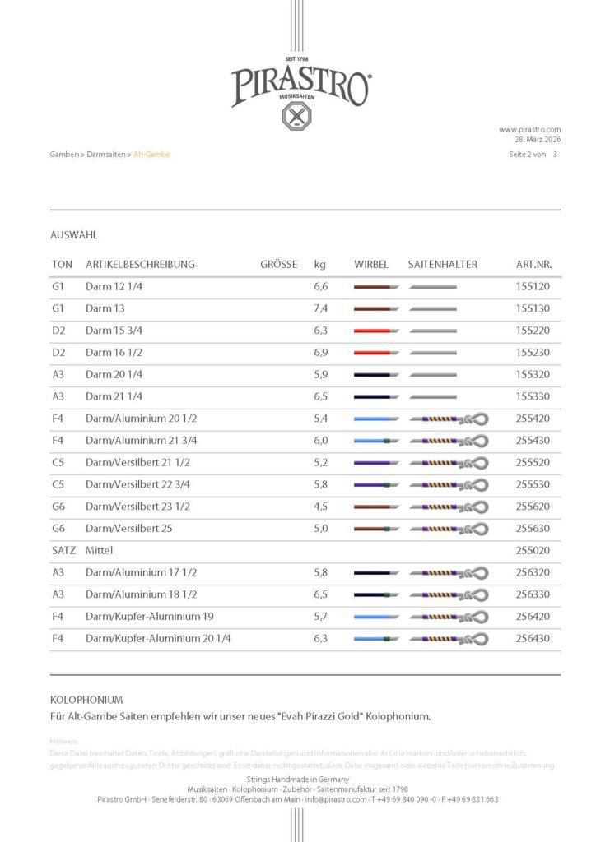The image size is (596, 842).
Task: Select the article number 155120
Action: point(533,287)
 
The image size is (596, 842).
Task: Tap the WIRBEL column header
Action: point(371,265)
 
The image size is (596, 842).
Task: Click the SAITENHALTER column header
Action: point(442,265)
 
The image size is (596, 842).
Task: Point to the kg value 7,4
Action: point(321,309)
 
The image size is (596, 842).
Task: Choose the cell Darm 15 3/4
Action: point(112,331)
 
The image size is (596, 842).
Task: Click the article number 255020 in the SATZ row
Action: point(533,550)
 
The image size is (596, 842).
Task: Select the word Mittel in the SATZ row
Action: point(100,550)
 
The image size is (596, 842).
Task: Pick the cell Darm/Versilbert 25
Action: point(128,528)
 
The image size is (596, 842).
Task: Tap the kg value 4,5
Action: point(321,507)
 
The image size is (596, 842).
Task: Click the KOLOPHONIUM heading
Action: point(86,700)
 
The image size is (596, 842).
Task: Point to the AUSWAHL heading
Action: point(74,235)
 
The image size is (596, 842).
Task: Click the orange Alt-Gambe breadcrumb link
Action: point(151,155)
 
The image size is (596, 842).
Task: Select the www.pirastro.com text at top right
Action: point(529,129)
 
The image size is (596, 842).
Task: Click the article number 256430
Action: point(533,638)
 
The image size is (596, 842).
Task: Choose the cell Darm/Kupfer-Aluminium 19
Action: point(139,616)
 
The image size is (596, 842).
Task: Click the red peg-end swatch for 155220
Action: point(372,331)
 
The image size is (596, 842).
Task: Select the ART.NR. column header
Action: point(533,265)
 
